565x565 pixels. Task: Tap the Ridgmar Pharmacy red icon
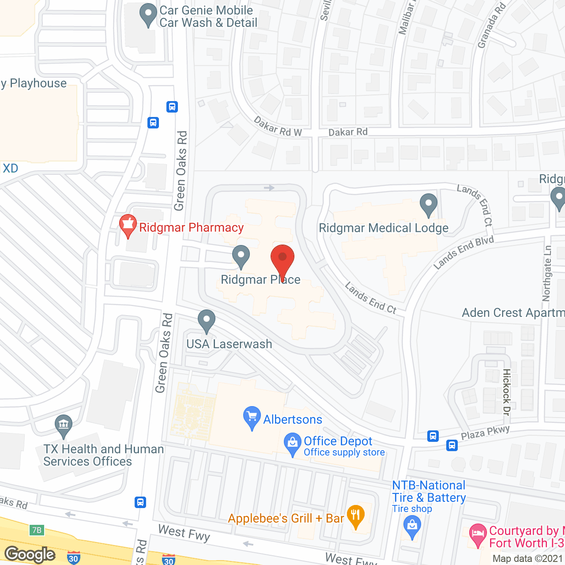pyautogui.click(x=128, y=225)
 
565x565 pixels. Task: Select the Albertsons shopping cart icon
pyautogui.click(x=252, y=417)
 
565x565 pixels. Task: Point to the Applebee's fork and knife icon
pyautogui.click(x=355, y=516)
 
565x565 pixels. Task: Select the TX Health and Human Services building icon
pyautogui.click(x=64, y=426)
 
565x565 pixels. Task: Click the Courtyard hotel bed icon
pyautogui.click(x=478, y=535)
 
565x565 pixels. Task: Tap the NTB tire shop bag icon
pyautogui.click(x=412, y=527)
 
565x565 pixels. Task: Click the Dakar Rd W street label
pyautogui.click(x=278, y=127)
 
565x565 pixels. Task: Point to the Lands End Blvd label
pyautogui.click(x=463, y=252)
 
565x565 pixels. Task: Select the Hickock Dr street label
pyautogui.click(x=507, y=392)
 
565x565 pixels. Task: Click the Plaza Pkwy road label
pyautogui.click(x=485, y=433)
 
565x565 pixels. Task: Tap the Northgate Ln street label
pyautogui.click(x=547, y=274)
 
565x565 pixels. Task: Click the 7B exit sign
pyautogui.click(x=37, y=530)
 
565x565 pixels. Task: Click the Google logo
pyautogui.click(x=30, y=554)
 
